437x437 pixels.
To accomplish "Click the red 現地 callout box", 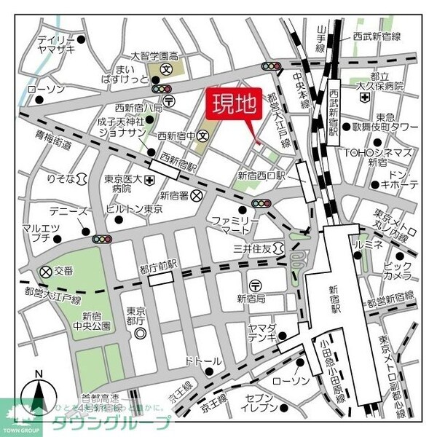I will coord(234,106).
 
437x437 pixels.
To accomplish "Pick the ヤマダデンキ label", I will coord(260,332).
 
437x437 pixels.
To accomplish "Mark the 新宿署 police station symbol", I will coord(197,195).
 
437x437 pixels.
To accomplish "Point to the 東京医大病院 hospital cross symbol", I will coord(149,179).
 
